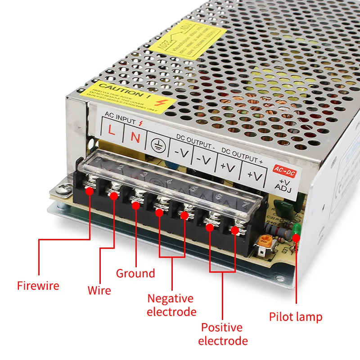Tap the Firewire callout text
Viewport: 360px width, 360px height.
(x=38, y=285)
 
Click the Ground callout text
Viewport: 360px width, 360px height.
(x=135, y=273)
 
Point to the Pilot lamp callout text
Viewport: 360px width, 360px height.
(x=296, y=317)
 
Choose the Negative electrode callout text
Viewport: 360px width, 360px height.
(x=171, y=305)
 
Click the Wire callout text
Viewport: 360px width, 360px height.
(x=99, y=290)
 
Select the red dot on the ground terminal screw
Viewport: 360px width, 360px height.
(x=135, y=204)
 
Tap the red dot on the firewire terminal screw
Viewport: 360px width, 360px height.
(x=90, y=191)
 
